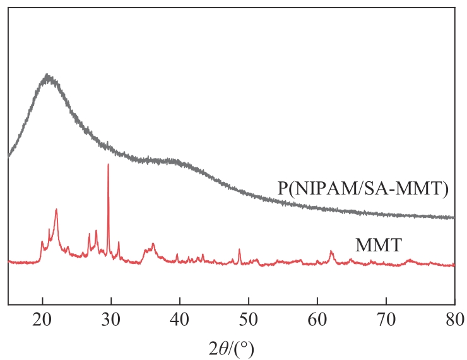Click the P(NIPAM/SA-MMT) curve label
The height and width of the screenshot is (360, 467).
point(362,188)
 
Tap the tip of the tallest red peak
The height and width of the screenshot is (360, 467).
point(108,164)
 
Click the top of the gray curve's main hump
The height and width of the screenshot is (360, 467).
point(47,78)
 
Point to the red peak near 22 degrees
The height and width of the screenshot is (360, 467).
point(56,210)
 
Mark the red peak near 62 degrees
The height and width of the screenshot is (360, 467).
point(331,251)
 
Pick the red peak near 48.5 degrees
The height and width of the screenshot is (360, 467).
point(239,249)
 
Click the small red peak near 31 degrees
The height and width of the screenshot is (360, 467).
point(118,243)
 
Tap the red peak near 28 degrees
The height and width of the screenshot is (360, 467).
point(96,231)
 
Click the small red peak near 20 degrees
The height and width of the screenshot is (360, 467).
point(42,242)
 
